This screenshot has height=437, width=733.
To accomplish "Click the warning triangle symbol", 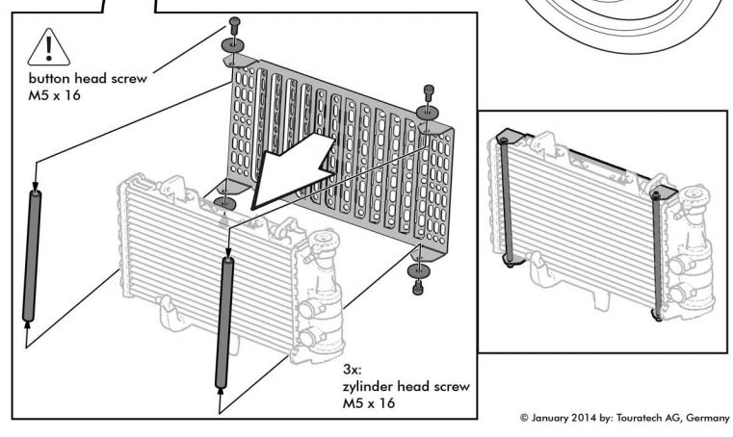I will coord(48,46).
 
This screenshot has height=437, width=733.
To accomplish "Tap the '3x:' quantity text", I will coord(353,370).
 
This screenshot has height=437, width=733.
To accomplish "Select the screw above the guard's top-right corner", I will coord(429,92).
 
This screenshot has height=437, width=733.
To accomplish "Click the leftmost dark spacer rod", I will coord(35,254).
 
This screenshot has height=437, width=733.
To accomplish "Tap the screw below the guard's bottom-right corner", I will coord(418,287).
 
